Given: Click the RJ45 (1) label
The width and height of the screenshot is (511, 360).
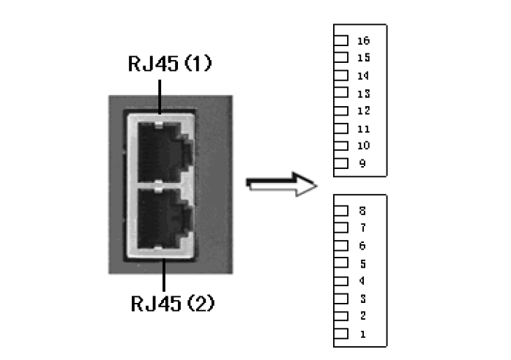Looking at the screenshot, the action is pos(170,63).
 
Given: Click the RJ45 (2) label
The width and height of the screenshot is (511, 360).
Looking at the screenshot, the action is pos(172,304).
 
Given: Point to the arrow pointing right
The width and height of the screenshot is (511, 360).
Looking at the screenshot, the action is pos(281,184).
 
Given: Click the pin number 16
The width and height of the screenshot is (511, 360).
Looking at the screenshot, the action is pos(363,41).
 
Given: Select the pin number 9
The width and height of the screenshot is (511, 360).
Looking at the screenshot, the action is pos(362,163).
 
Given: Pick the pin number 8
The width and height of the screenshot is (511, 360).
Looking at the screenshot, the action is pos(362,211).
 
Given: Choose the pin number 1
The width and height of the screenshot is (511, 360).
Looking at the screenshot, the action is pos(362,334).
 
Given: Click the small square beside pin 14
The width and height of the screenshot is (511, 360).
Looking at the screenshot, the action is pos(341,75).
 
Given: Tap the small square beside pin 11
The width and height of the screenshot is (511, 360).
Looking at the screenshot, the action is pos(341,128).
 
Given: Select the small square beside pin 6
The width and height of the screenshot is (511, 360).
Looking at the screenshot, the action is pos(341,245).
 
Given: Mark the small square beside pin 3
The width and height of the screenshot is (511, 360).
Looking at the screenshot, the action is pos(341,299).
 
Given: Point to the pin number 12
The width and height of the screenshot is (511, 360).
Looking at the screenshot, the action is pos(363,110).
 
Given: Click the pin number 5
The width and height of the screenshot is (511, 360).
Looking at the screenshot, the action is pos(362,263).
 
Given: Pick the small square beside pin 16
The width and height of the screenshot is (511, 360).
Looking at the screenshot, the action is pos(341,40).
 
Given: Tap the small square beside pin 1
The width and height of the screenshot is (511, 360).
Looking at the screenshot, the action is pos(341,334).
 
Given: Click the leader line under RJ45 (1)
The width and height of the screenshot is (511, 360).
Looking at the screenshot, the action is pos(160,97).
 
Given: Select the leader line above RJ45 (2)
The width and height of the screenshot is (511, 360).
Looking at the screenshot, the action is pos(163,275).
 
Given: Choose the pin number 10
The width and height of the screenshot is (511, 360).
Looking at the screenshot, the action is pos(363,146).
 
